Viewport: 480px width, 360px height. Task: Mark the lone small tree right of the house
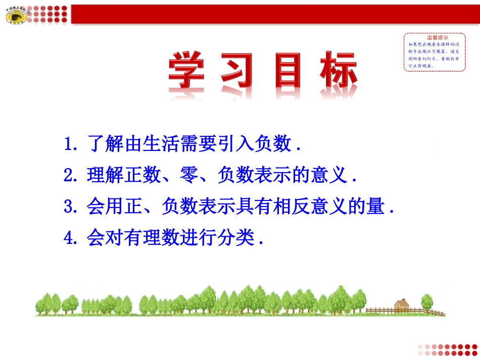pos(427,302)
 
